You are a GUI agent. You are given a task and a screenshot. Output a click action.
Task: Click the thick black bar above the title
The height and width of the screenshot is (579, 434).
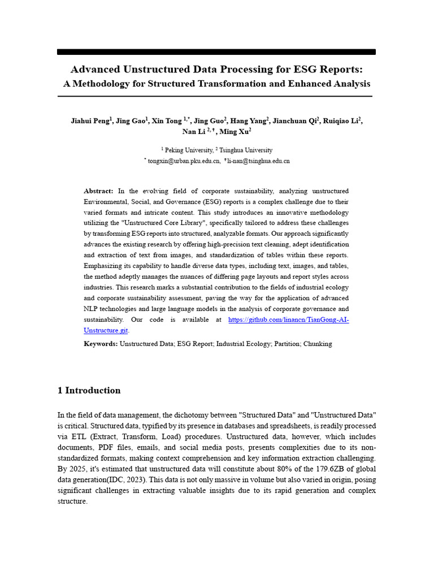(x=216, y=52)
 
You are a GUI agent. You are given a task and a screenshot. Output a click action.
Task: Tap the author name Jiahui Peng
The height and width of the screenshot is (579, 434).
(x=90, y=120)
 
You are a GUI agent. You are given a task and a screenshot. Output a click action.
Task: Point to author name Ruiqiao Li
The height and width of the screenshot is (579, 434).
(x=342, y=120)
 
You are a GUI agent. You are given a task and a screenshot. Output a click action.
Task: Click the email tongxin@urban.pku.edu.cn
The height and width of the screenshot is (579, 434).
(x=181, y=161)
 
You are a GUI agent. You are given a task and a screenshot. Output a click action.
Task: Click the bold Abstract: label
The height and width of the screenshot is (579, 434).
(x=98, y=191)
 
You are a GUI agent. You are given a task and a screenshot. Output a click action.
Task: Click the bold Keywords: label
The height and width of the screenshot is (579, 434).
(x=101, y=344)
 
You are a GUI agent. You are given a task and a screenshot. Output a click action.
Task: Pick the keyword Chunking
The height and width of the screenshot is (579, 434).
(x=318, y=344)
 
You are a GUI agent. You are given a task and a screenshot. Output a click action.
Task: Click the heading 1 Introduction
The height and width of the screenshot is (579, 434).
(x=89, y=390)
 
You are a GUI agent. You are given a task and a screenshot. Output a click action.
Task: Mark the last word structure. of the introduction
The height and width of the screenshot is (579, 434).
(x=72, y=502)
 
